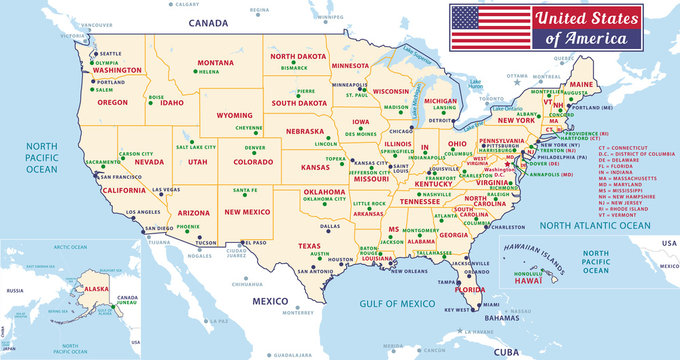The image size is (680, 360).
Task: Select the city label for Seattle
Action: [x=111, y=53]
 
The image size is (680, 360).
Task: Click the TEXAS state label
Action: [x=309, y=245]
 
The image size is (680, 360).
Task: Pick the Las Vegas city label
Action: [x=166, y=189]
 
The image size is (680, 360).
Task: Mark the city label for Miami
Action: [x=491, y=304]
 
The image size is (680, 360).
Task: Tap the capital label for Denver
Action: [x=255, y=148]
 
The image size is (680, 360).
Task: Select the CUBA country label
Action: [x=507, y=351]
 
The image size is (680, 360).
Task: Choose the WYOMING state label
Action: [x=234, y=114]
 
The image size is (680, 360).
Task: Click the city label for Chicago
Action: [x=401, y=131]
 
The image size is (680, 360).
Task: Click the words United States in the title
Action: [x=586, y=17]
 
